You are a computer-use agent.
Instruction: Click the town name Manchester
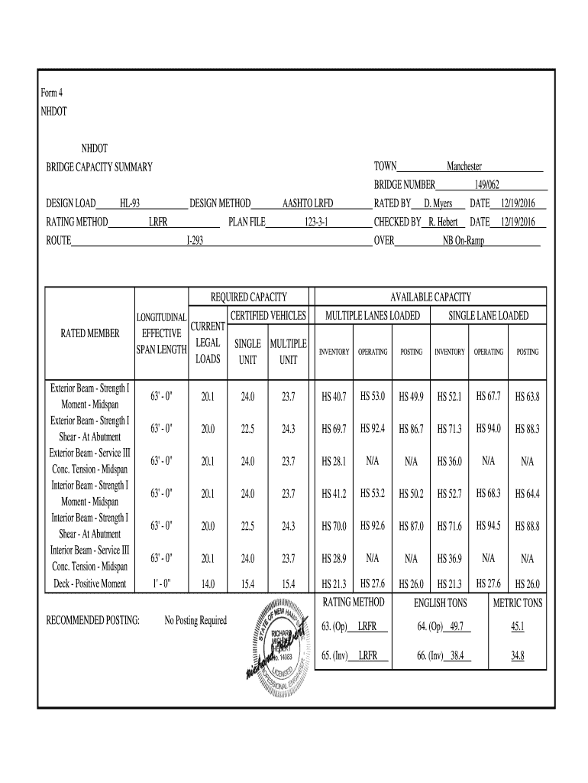click(x=464, y=167)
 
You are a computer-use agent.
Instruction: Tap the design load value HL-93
click(x=129, y=203)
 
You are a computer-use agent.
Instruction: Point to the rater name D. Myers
click(x=438, y=203)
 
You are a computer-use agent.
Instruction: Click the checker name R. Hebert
click(x=442, y=222)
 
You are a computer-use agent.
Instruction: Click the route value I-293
click(x=195, y=241)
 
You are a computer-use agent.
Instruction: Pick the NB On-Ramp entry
click(x=463, y=241)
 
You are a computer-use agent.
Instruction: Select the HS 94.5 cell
click(x=488, y=525)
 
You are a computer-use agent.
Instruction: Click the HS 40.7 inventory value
click(x=334, y=397)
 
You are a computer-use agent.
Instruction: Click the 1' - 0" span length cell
click(x=161, y=584)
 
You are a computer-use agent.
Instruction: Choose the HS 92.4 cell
click(x=373, y=428)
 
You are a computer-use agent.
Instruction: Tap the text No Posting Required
click(x=195, y=620)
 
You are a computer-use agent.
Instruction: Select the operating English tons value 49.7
click(x=457, y=627)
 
